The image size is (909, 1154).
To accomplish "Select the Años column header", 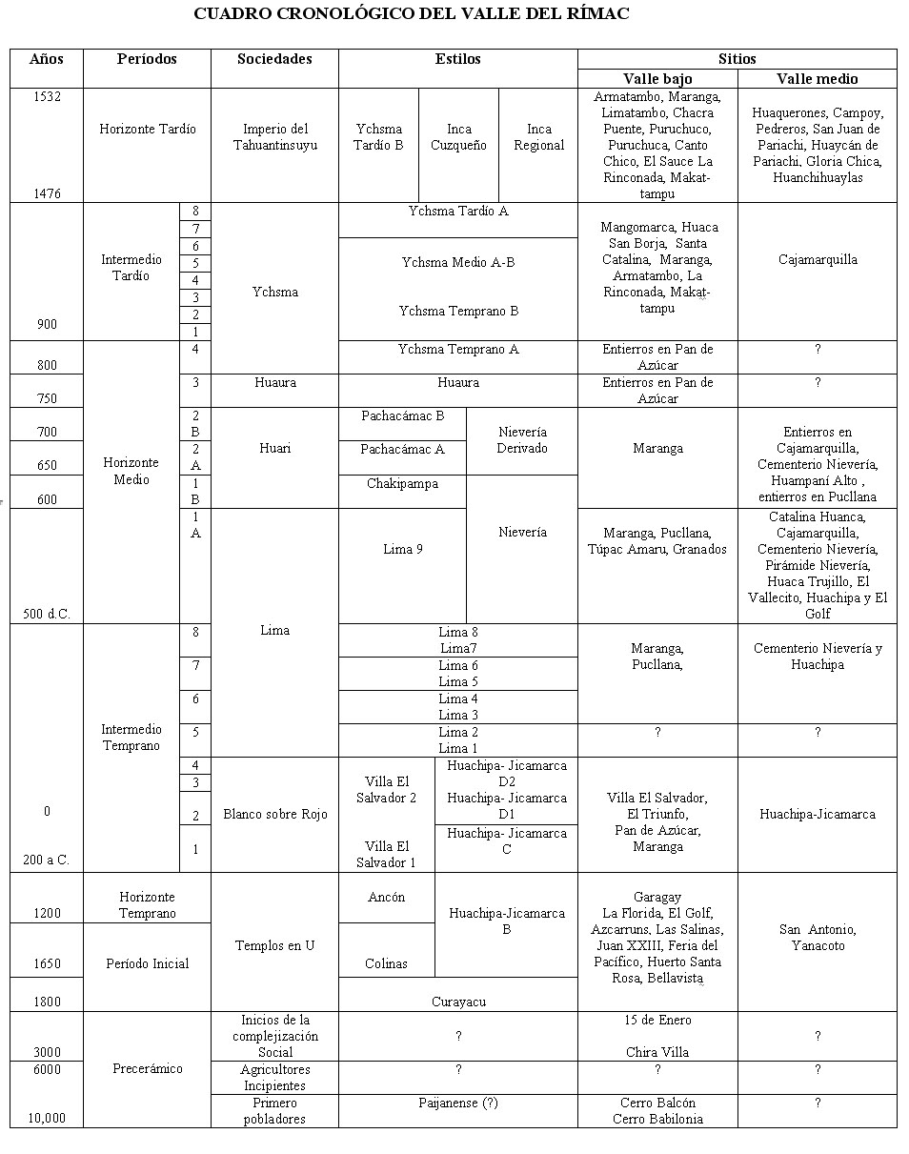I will click(x=46, y=59).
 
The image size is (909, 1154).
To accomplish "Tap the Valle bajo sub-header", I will click(x=657, y=78).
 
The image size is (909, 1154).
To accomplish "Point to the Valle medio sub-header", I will click(x=817, y=78).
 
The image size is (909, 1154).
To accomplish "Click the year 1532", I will click(x=46, y=97).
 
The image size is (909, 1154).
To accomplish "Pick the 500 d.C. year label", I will click(x=46, y=614).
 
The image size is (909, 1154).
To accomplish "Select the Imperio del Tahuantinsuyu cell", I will click(x=274, y=137).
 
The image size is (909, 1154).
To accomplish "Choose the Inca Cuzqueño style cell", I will click(x=458, y=137).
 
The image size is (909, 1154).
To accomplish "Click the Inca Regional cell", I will click(x=538, y=137).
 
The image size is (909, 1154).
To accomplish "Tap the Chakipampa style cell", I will click(x=402, y=484).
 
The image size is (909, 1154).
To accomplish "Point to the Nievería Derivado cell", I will click(x=522, y=440).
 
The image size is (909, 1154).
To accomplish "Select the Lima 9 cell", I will click(x=402, y=549).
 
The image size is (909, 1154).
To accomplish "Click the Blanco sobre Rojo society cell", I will click(x=274, y=814).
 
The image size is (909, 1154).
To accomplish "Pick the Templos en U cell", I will click(x=274, y=945).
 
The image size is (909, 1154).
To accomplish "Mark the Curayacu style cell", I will click(x=457, y=1002).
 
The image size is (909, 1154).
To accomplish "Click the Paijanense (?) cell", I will click(x=457, y=1103).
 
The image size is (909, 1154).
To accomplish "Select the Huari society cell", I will click(x=274, y=447).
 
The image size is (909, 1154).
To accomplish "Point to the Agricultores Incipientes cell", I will click(x=274, y=1078).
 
